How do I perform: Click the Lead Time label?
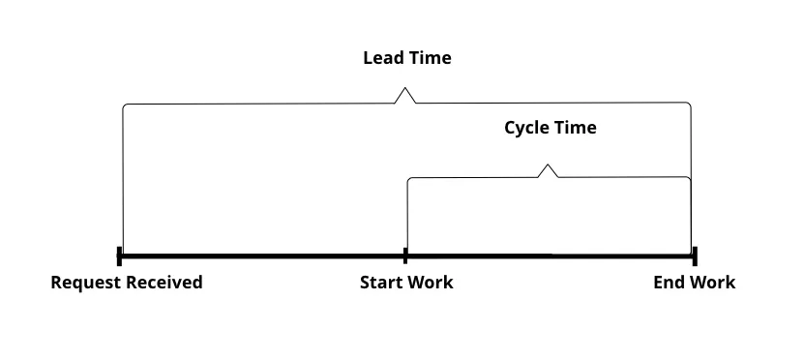[406, 58]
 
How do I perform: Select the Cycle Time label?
[550, 128]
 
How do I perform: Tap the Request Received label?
[127, 283]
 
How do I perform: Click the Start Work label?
[406, 283]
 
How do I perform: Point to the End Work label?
[694, 283]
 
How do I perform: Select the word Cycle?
[527, 128]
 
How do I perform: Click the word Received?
[165, 283]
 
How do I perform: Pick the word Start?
[380, 283]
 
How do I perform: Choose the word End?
[669, 283]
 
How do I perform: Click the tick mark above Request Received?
[119, 255]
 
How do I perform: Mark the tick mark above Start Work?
[405, 255]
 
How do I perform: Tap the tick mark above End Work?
[695, 255]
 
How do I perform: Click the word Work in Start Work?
[431, 283]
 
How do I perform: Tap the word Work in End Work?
[712, 283]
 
